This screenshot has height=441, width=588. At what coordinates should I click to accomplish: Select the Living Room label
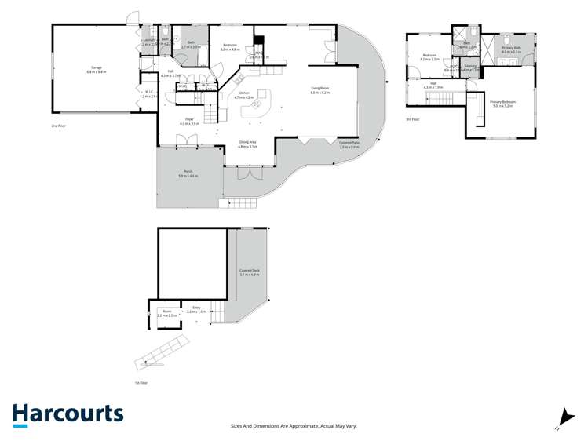coord(319,89)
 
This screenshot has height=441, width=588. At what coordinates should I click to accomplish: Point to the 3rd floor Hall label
coord(433,85)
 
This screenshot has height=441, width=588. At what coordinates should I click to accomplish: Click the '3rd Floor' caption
coord(412,118)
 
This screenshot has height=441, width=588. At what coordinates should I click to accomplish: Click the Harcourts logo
coord(68,414)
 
